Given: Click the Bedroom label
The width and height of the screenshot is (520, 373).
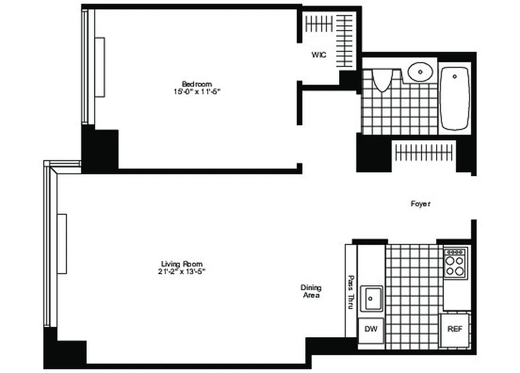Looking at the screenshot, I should [x=196, y=84].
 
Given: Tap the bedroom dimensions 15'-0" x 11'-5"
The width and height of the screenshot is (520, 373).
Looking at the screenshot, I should [x=196, y=92].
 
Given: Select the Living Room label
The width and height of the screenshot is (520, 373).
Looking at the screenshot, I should [x=182, y=264].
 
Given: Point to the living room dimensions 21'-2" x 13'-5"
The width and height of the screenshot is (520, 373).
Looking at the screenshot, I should [x=182, y=272].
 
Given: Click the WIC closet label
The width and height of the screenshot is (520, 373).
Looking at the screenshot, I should [x=319, y=55].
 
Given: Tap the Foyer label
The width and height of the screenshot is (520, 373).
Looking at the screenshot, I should [x=420, y=204].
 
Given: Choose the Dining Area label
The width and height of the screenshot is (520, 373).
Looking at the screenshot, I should [x=311, y=291].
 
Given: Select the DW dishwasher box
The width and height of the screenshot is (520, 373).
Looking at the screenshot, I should [x=371, y=329].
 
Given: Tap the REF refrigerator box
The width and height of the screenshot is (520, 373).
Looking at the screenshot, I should [x=455, y=329].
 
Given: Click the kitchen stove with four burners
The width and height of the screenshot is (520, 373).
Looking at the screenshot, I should [x=455, y=263].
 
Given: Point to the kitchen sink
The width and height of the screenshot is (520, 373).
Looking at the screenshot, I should [x=372, y=298].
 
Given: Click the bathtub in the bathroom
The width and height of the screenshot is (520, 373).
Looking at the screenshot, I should [x=455, y=98].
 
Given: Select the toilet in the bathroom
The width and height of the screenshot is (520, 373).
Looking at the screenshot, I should [x=382, y=80].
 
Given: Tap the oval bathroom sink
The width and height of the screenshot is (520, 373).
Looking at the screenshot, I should [x=421, y=72].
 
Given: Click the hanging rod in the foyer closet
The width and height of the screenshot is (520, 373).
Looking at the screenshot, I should [x=423, y=152].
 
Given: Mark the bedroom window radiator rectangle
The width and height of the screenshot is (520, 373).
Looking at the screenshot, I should [x=100, y=67].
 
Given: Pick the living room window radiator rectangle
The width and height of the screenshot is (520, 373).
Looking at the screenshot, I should [x=62, y=244].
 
